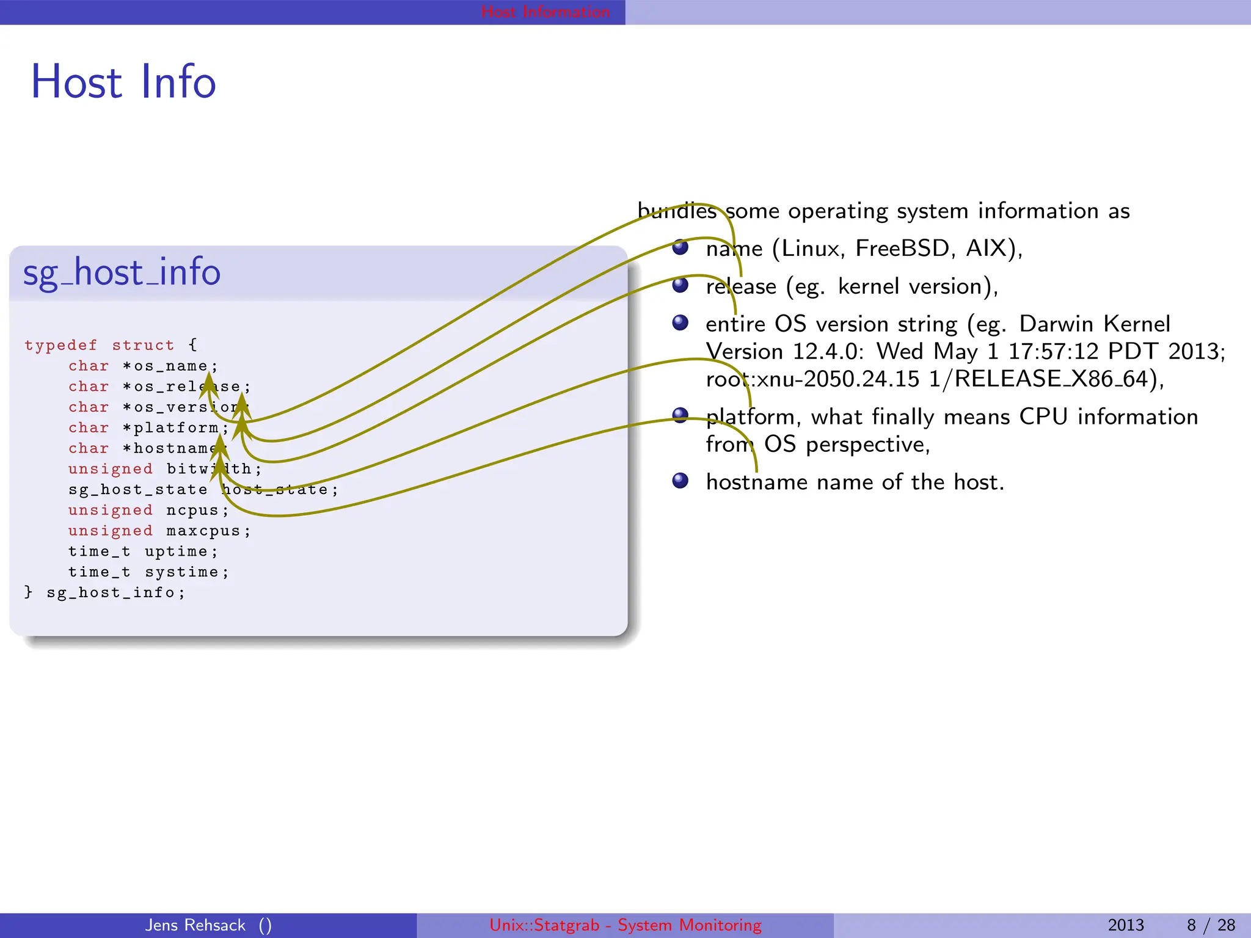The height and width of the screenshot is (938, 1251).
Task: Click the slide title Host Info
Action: click(x=123, y=82)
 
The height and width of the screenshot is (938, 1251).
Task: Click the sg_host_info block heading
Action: click(x=122, y=272)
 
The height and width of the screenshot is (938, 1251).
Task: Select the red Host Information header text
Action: click(x=545, y=12)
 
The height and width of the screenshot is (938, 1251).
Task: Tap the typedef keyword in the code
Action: click(x=60, y=345)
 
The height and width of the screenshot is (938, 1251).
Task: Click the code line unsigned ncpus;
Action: click(x=148, y=510)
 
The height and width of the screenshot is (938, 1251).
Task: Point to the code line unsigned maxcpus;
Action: click(x=159, y=531)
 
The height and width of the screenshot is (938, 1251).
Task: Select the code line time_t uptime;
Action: click(x=143, y=551)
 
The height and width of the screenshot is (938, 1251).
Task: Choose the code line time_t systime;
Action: click(x=148, y=572)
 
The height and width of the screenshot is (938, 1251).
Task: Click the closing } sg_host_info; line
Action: click(x=104, y=592)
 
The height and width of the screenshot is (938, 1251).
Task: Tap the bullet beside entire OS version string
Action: click(x=680, y=322)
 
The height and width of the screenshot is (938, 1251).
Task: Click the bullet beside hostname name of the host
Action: click(x=680, y=481)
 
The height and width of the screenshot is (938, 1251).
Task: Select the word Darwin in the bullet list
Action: click(x=1056, y=324)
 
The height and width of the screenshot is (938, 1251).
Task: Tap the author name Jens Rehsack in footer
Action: click(x=195, y=925)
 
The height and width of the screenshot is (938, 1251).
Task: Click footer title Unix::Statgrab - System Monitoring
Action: click(x=625, y=925)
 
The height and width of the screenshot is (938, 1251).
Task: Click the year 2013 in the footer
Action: click(x=1125, y=925)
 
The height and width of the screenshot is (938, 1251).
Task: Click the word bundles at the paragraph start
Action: click(x=677, y=211)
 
